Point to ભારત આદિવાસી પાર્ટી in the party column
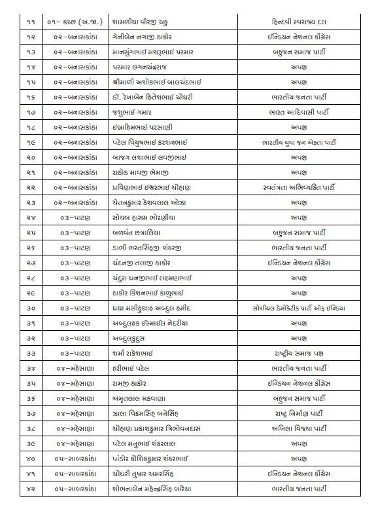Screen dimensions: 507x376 coord(298,112)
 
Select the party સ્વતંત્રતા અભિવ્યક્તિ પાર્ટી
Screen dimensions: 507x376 coord(298,187)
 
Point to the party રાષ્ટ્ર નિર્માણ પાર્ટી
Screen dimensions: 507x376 coord(298,413)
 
